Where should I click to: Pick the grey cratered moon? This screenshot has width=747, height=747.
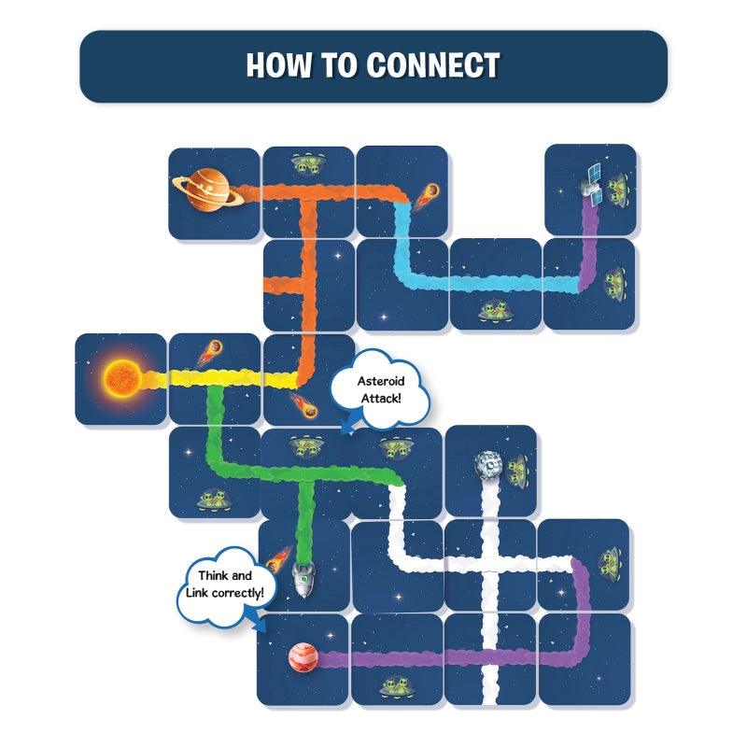point(487,466)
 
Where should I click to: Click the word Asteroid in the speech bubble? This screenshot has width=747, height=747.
point(380,381)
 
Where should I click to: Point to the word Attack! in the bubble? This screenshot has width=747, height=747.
point(380,400)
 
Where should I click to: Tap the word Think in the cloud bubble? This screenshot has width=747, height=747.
point(207,576)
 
